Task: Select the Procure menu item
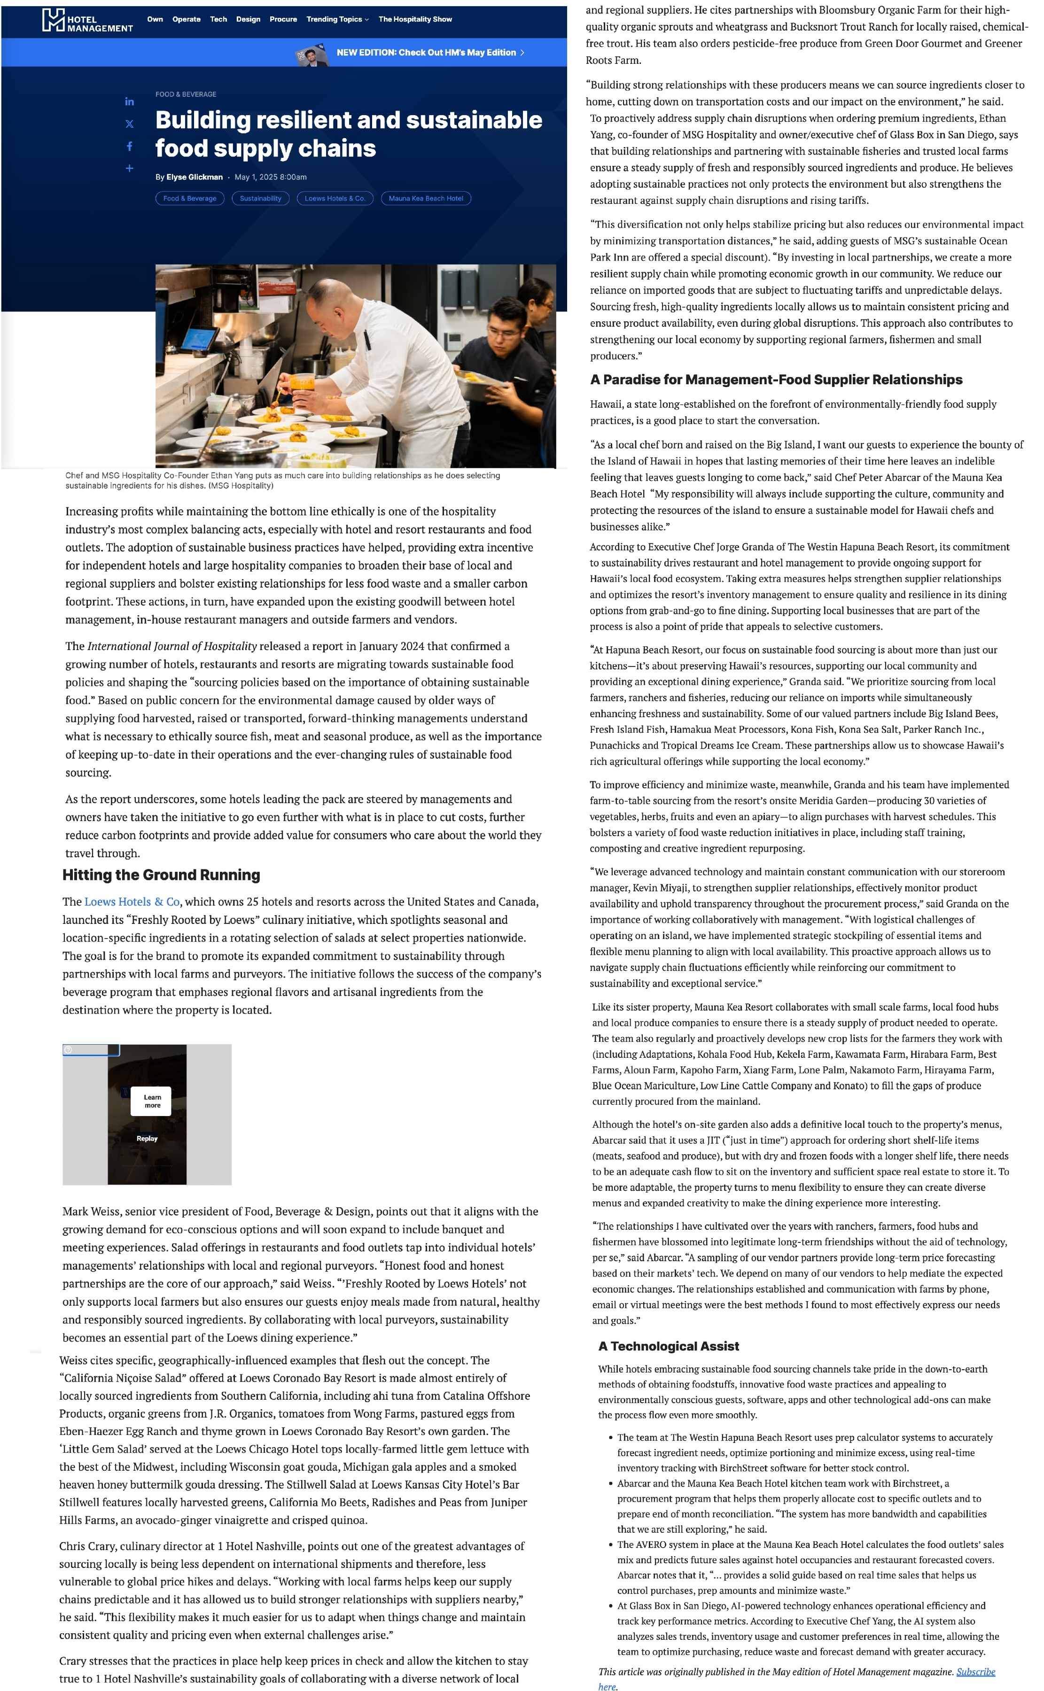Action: coord(283,19)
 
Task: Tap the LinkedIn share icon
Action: coord(129,101)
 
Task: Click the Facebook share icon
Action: coord(129,147)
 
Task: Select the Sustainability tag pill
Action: coord(260,199)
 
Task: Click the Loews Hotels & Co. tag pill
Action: coord(335,199)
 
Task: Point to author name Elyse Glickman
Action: coord(194,178)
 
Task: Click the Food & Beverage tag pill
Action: coord(190,199)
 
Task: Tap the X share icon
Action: coord(129,124)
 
